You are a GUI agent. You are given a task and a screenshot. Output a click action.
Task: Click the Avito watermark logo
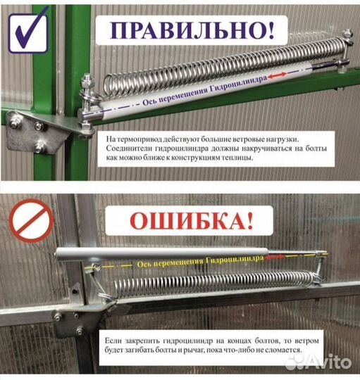pos(321,362)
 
